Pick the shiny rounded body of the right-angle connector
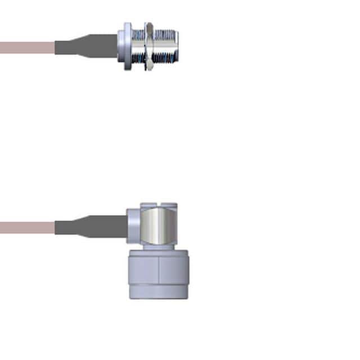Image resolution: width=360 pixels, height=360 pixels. click(x=159, y=225)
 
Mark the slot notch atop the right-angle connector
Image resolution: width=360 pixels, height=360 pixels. click(x=159, y=204)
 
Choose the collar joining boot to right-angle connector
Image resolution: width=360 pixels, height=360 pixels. click(x=133, y=225)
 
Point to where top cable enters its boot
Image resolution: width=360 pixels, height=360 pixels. click(x=56, y=47)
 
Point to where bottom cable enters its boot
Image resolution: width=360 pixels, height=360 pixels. click(x=56, y=228)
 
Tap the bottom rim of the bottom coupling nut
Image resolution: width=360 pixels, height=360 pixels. click(x=158, y=296)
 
